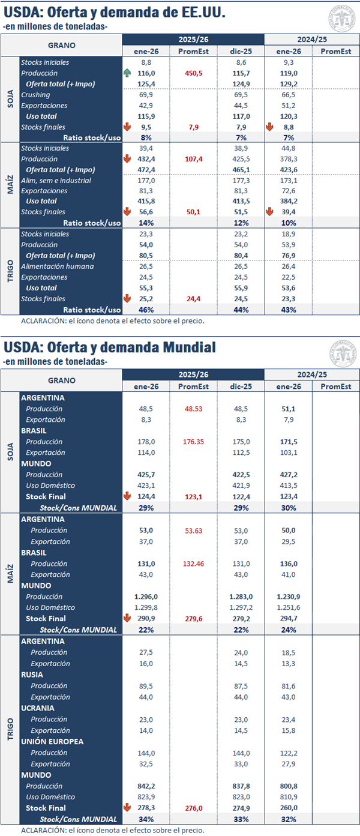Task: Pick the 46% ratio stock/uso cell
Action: (146, 310)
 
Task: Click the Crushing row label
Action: (36, 95)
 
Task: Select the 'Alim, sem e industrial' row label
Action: (56, 180)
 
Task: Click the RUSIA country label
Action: (35, 675)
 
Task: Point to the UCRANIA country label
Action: (39, 708)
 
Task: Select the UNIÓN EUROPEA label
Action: (52, 741)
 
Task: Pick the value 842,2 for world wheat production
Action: (146, 786)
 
